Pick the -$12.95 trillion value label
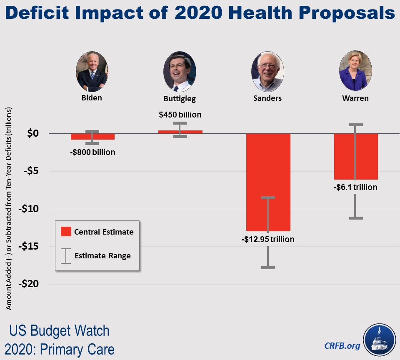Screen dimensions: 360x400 point(268,239)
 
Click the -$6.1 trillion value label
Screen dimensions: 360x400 point(355,187)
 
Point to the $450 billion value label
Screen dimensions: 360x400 point(180,115)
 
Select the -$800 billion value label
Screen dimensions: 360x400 point(92,152)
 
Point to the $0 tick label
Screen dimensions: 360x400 point(33,133)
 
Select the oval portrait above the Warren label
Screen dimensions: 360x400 point(355,71)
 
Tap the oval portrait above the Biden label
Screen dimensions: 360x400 point(92,72)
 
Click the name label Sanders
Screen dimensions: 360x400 point(267,98)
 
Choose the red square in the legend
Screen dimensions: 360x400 point(66,232)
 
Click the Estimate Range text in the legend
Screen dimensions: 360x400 point(102,255)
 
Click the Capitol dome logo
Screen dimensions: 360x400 point(379,340)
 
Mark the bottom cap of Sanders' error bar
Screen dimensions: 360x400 point(268,267)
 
